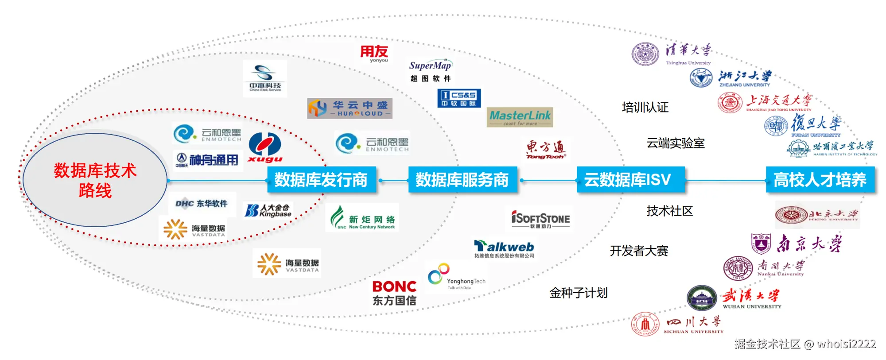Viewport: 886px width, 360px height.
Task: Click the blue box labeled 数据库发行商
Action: (x=321, y=180)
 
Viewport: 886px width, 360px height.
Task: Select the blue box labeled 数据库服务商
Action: (x=462, y=180)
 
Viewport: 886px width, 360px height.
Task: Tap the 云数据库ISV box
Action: (x=630, y=180)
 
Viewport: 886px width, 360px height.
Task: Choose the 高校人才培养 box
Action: (x=820, y=180)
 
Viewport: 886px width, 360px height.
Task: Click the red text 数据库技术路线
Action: (x=95, y=181)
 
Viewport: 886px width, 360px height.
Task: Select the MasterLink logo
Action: (x=520, y=117)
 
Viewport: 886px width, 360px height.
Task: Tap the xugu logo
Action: (x=265, y=148)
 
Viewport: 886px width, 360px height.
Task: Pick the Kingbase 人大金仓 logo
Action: (x=268, y=210)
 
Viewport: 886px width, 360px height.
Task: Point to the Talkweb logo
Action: (x=504, y=249)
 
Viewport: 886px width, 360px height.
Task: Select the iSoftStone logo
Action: (x=540, y=219)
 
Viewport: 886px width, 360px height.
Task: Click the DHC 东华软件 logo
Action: (x=202, y=204)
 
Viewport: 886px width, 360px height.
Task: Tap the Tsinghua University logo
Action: (x=672, y=54)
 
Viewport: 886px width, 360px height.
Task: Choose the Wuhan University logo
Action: (x=734, y=298)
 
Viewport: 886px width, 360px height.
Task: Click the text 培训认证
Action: (x=645, y=107)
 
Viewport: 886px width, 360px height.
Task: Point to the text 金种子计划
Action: (x=579, y=293)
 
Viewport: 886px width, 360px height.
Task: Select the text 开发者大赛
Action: (x=639, y=251)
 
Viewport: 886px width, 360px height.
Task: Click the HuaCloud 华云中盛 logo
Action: (x=350, y=108)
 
